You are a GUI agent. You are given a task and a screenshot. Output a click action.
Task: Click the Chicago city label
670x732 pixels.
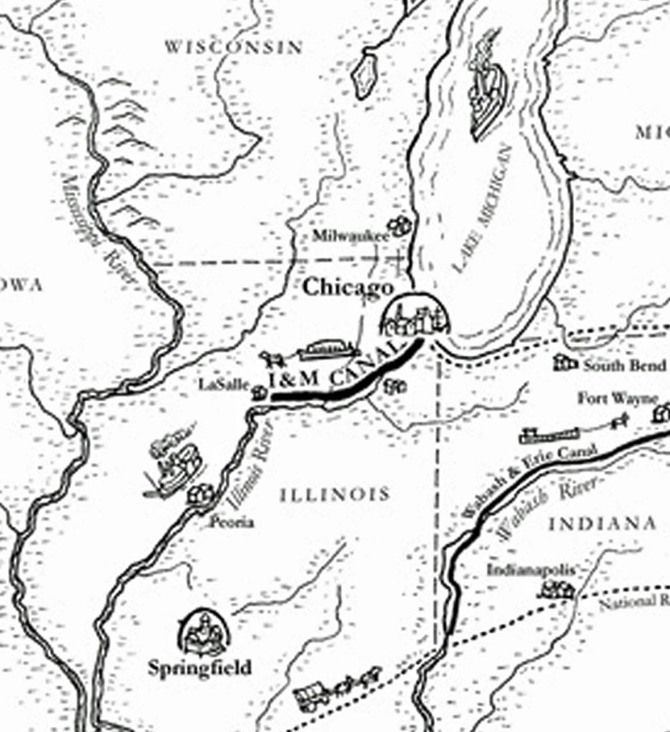coord(348,288)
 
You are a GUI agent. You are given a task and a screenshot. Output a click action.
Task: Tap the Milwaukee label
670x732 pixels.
coord(350,235)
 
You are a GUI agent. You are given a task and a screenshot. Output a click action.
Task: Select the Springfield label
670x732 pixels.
coord(199,668)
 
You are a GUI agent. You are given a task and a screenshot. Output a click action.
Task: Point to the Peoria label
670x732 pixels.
coord(231,523)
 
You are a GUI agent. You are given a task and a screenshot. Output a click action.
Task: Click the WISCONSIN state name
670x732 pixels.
coord(233,47)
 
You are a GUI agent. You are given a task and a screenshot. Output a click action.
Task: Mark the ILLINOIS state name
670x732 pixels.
coord(335,494)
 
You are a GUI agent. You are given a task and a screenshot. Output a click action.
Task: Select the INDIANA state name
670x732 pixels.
coord(602,524)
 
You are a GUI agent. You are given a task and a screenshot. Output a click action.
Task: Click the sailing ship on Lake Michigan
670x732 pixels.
coord(488,86)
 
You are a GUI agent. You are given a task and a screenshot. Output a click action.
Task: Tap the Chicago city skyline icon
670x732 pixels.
coord(414,317)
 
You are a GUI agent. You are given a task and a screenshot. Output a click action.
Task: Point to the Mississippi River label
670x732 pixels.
coord(99,229)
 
